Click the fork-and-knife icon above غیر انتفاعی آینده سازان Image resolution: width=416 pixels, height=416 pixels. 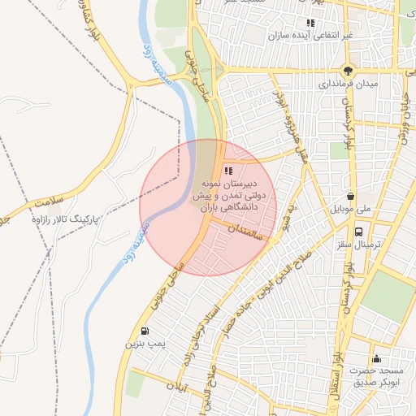pyautogui.click(x=310, y=23)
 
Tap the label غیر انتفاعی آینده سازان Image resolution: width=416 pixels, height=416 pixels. pyautogui.click(x=313, y=37)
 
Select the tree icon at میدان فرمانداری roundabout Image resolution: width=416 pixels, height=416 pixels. pyautogui.click(x=348, y=71)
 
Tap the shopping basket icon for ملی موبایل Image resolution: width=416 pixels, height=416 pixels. pyautogui.click(x=350, y=196)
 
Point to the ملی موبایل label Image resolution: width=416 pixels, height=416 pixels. pyautogui.click(x=350, y=210)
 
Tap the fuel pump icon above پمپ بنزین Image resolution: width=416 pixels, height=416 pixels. pyautogui.click(x=145, y=331)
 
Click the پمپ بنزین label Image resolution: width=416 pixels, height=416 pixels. pyautogui.click(x=144, y=344)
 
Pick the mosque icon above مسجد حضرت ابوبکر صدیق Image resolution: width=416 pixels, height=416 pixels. pyautogui.click(x=375, y=359)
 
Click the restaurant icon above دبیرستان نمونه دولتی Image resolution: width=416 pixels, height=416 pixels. pyautogui.click(x=229, y=171)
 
